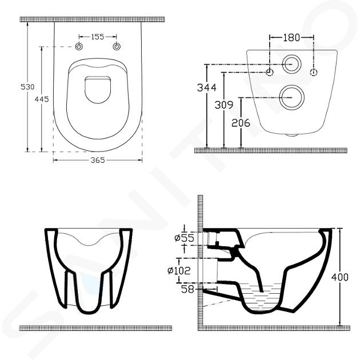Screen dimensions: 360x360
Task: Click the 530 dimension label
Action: tap(27, 87)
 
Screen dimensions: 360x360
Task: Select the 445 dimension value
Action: tap(42, 99)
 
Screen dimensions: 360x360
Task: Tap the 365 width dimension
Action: tap(98, 160)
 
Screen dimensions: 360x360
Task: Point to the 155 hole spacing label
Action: tap(98, 37)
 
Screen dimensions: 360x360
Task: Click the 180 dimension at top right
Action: tap(291, 38)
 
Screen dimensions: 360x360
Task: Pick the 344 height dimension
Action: tap(207, 87)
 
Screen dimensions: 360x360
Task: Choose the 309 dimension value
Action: tap(223, 105)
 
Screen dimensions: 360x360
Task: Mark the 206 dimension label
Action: tap(241, 123)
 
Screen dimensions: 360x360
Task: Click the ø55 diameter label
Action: tap(184, 238)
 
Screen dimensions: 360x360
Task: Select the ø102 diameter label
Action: tap(179, 271)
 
